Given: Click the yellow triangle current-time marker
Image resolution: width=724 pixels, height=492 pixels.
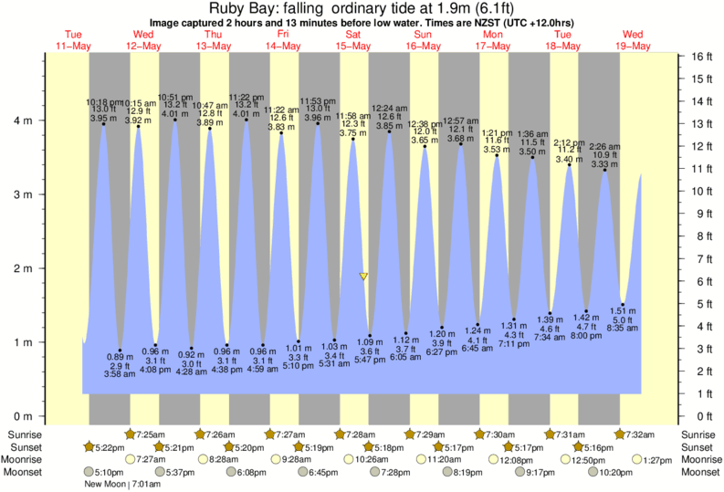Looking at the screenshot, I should tap(363, 276).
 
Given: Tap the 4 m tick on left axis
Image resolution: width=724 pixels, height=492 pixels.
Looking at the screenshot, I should tap(24, 120).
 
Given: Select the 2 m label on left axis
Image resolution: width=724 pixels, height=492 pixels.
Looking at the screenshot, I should tap(24, 268).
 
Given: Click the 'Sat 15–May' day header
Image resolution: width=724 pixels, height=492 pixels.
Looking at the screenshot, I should tap(353, 39).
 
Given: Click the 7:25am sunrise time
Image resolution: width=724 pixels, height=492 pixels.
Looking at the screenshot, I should tap(151, 433).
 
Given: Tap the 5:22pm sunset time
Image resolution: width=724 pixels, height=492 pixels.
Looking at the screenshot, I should tap(104, 446).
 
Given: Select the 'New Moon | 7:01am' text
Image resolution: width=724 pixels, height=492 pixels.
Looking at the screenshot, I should tap(119, 484).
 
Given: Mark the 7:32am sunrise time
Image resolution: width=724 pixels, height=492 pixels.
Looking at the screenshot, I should tap(639, 433).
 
